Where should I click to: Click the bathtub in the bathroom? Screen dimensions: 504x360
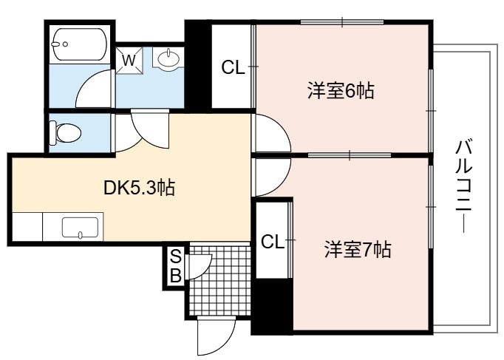click(x=79, y=44)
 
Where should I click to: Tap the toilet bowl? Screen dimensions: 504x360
click(x=66, y=132)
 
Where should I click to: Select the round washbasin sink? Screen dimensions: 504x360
click(x=168, y=58)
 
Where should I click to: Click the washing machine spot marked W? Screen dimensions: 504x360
click(x=129, y=61)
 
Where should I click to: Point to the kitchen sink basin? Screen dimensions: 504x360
click(x=80, y=228)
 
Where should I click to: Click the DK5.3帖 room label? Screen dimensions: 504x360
click(x=139, y=189)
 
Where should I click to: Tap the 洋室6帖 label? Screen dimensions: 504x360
click(x=341, y=91)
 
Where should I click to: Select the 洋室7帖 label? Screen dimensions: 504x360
click(x=358, y=249)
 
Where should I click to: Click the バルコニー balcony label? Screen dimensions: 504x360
click(x=464, y=186)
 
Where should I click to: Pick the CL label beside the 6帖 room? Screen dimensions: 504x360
click(x=233, y=67)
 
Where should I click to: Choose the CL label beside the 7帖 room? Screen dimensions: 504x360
click(x=273, y=242)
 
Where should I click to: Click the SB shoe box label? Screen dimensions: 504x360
click(x=175, y=266)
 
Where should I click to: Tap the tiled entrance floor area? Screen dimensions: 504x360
click(x=219, y=279)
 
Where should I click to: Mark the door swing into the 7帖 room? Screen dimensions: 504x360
click(x=273, y=177)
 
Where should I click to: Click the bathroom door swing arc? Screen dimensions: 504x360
click(x=94, y=88)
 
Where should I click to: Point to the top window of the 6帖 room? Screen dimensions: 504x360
click(x=342, y=22)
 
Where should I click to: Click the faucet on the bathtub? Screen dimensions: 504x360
click(x=60, y=44)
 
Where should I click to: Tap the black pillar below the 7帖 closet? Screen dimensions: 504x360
click(x=272, y=306)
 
